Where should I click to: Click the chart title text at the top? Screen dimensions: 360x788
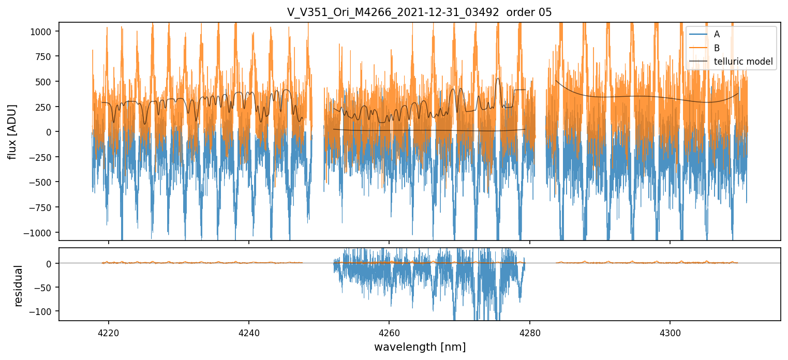[x=419, y=12]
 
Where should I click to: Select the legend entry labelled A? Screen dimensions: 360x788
[x=717, y=35]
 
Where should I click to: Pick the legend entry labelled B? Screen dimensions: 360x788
[x=717, y=48]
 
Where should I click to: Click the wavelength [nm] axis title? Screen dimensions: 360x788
[x=419, y=347]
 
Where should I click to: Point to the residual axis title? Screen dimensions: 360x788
[x=19, y=286]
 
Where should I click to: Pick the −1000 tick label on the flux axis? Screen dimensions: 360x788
[x=40, y=232]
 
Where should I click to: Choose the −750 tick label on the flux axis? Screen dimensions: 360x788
[x=42, y=207]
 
